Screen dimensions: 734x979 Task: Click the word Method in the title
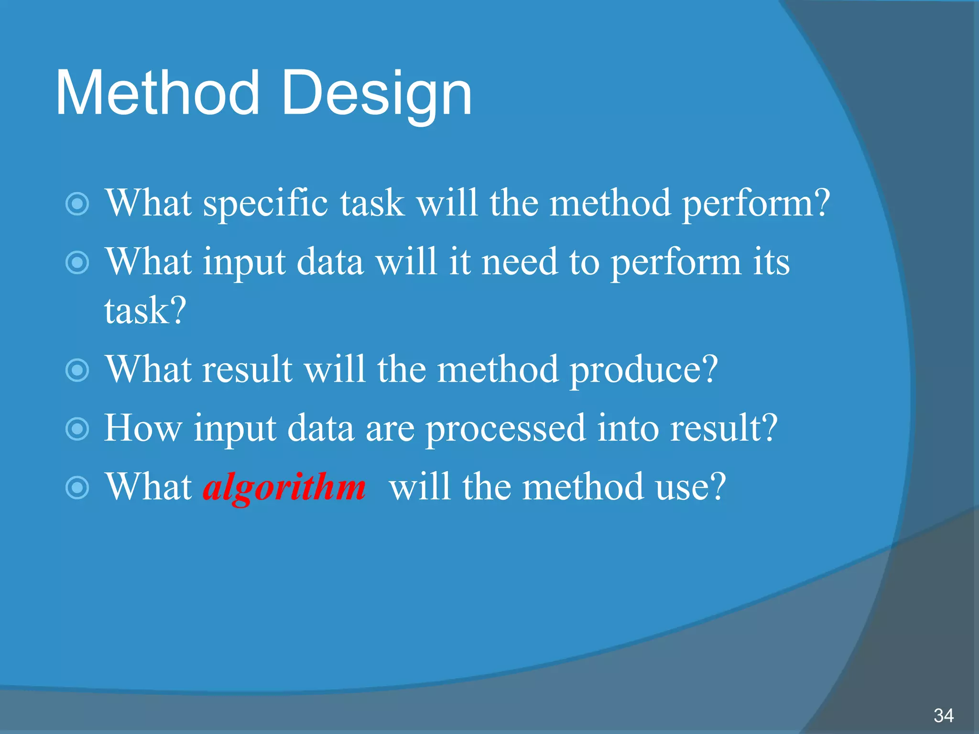(x=158, y=93)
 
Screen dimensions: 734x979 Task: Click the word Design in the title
(x=377, y=93)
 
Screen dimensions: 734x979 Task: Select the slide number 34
(x=944, y=716)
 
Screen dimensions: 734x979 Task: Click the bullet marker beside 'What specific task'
(x=77, y=205)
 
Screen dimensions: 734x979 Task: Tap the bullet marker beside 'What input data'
(x=77, y=263)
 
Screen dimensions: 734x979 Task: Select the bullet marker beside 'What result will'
(x=77, y=370)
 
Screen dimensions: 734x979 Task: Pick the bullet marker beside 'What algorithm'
(x=77, y=488)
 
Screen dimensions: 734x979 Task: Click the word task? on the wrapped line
(x=145, y=311)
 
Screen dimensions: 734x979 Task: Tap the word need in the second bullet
(x=519, y=263)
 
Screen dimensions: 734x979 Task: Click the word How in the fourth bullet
(x=143, y=428)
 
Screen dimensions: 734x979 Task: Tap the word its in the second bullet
(x=771, y=263)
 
